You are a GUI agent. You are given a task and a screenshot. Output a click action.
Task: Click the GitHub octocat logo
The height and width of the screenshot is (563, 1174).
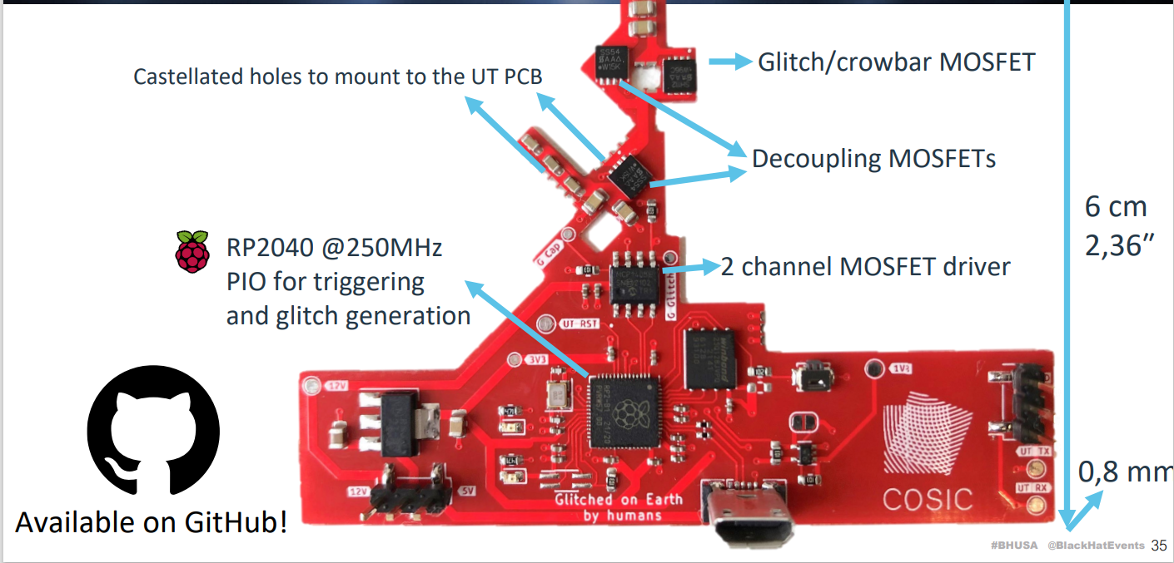[x=153, y=432]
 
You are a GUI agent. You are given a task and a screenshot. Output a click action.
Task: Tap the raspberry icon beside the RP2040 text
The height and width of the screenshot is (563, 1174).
[x=192, y=251]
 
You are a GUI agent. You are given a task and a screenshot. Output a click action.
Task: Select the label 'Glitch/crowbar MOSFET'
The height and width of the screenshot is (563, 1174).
[x=896, y=62]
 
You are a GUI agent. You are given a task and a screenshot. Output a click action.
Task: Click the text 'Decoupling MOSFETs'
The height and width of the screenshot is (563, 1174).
[x=873, y=158]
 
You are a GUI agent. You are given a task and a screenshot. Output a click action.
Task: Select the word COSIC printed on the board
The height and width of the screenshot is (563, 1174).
[x=927, y=499]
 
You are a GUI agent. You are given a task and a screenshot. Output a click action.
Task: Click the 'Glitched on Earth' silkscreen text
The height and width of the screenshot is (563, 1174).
[x=619, y=499]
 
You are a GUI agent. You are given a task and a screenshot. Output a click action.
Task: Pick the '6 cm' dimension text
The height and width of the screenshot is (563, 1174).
[x=1115, y=206]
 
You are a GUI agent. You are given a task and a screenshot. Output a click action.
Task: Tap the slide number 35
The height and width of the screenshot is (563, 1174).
[x=1159, y=546]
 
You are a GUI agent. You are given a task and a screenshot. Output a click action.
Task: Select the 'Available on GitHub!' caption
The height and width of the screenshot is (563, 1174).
[x=152, y=522]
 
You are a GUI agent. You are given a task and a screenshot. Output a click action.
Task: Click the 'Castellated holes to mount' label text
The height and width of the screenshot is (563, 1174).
[x=338, y=77]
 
